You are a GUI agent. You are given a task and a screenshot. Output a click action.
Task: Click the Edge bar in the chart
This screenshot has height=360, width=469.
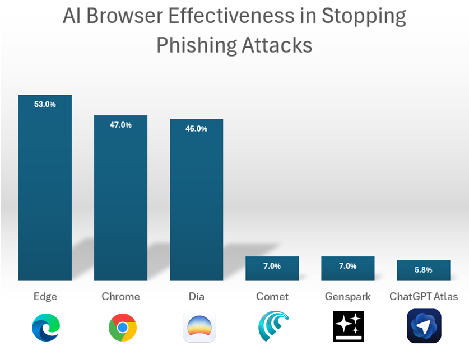coord(45,190)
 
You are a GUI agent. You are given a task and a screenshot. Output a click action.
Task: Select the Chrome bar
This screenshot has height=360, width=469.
coord(120,202)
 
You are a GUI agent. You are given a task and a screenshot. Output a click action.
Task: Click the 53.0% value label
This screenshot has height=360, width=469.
coord(45,104)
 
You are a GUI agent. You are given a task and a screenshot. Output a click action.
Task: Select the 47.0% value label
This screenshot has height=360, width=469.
coord(120,125)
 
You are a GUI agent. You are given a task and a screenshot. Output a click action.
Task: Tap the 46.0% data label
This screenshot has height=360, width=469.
coord(196,129)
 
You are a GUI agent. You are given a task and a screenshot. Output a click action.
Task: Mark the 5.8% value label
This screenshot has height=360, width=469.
coord(424,270)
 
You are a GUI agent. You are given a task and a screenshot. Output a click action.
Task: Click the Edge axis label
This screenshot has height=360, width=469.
coord(45,296)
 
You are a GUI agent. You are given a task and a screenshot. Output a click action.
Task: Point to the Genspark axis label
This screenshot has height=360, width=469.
coord(347,296)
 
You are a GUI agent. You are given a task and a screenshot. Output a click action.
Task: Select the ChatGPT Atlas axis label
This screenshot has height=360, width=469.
coord(424,296)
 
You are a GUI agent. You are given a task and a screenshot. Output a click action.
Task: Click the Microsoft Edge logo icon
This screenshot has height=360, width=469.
coord(45,327)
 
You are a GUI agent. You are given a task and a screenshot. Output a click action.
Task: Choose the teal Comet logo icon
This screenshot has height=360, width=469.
coord(273,326)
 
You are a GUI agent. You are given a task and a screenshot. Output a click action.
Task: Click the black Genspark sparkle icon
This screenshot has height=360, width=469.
coord(349,326)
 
